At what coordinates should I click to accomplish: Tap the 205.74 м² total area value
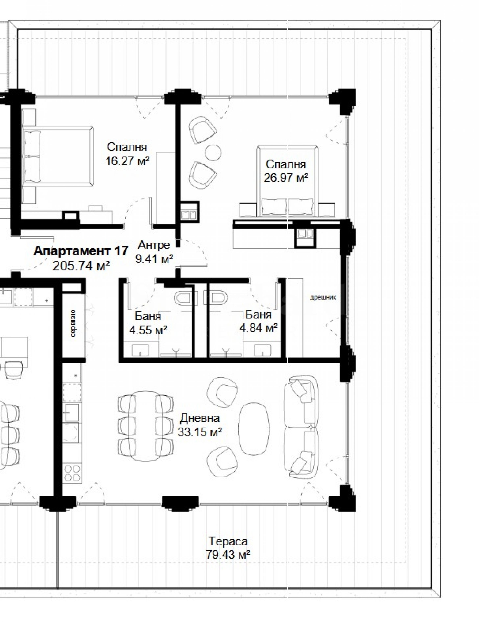click(81, 266)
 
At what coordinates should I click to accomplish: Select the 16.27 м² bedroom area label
click(128, 161)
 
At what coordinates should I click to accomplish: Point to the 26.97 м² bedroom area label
click(286, 178)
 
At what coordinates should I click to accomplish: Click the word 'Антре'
click(154, 245)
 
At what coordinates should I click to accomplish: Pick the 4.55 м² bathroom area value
click(148, 330)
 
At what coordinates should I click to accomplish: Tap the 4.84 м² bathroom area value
click(259, 328)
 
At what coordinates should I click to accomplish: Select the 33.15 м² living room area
click(200, 432)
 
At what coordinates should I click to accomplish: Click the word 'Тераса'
click(228, 541)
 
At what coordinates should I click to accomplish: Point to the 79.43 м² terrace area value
click(228, 555)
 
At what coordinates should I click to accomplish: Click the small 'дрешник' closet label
click(323, 298)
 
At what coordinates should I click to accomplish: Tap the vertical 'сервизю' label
click(73, 323)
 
